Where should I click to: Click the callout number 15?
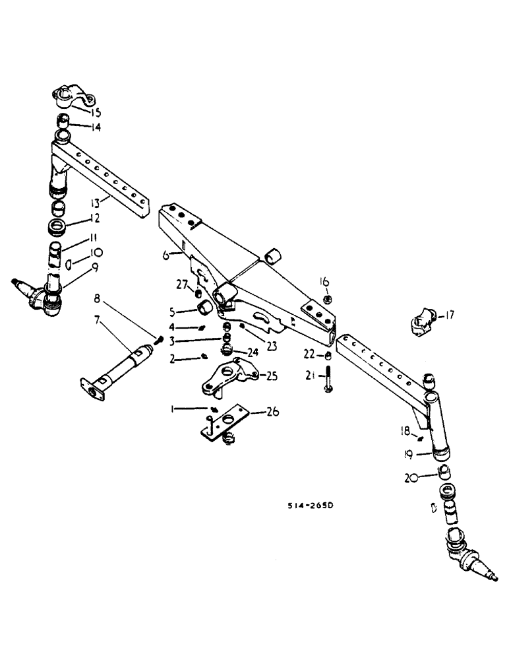(x=97, y=113)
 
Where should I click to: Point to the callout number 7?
(x=98, y=319)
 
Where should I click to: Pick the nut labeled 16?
(x=326, y=300)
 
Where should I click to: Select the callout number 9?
(x=94, y=268)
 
